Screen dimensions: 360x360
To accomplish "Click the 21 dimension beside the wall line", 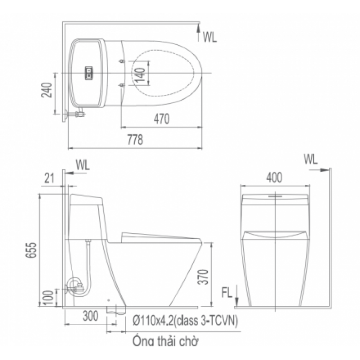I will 49,179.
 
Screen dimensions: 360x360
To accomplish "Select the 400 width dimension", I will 275,178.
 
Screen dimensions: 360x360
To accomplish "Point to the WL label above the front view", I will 310,159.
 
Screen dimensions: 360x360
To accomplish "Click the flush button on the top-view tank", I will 89,72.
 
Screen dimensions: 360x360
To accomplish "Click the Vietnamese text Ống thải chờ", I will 165,341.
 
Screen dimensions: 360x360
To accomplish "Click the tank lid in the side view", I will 87,199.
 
